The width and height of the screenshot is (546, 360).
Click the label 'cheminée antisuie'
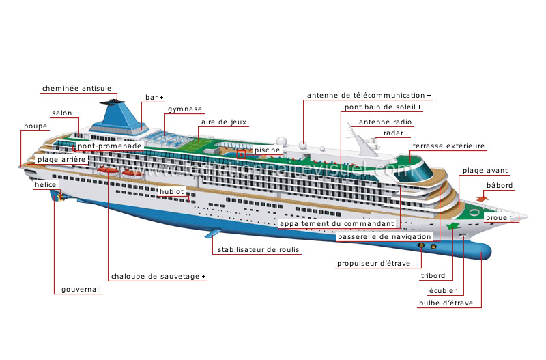point(76,89)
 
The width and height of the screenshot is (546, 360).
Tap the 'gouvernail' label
point(81,289)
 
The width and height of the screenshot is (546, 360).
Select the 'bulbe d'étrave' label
point(446,303)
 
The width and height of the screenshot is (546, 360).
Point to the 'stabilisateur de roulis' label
point(259,249)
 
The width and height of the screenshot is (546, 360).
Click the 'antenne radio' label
point(385,122)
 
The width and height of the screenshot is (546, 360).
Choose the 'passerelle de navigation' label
point(384,236)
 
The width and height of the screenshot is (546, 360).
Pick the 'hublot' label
point(172,192)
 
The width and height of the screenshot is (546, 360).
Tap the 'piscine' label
point(267,150)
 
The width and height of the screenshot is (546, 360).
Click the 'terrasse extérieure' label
point(448,146)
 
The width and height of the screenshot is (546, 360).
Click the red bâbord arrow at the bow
point(483,199)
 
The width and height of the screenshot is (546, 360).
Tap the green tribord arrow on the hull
point(452,226)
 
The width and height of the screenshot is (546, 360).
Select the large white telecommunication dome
point(281,141)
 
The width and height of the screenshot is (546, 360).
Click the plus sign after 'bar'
point(161,98)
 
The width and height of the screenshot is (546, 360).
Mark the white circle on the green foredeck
point(474,212)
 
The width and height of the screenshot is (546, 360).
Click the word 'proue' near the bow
point(497,217)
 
